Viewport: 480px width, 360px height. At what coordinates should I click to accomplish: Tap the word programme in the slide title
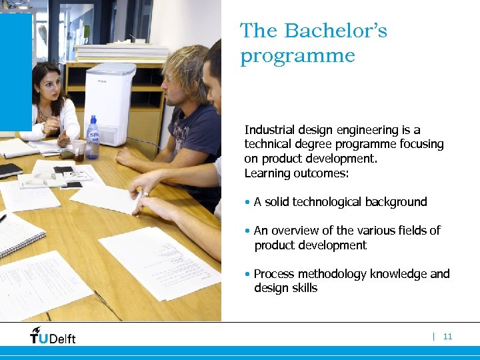[297, 56]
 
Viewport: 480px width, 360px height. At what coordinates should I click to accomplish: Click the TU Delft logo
[53, 335]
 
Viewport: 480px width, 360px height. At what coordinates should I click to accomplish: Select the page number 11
[447, 337]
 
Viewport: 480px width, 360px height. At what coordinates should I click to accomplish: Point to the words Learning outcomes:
[296, 173]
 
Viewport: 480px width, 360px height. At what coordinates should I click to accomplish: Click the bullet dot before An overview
[247, 231]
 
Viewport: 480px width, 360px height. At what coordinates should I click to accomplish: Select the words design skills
[285, 288]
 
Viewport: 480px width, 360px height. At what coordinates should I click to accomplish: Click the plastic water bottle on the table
[92, 138]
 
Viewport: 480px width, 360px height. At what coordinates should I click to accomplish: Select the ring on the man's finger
[143, 194]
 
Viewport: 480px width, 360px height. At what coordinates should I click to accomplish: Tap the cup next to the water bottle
[79, 150]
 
